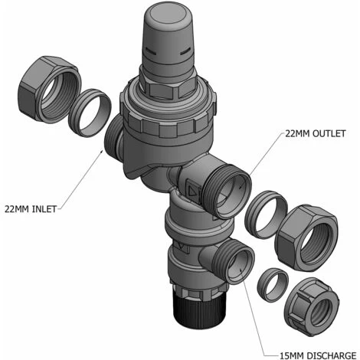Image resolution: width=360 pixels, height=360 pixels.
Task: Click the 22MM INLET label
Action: click(x=31, y=209)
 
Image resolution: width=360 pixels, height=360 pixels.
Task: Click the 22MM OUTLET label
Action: click(x=316, y=133)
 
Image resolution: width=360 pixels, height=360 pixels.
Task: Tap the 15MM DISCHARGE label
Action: click(x=318, y=355)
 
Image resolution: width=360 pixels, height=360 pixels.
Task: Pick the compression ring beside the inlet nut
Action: click(x=90, y=113)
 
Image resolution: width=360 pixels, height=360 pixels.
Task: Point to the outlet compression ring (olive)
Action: click(x=266, y=214)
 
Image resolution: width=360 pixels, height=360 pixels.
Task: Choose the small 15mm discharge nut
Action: click(x=311, y=307)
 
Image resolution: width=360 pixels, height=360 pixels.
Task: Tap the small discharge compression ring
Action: click(x=273, y=285)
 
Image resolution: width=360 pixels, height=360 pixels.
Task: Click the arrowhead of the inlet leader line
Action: click(x=102, y=152)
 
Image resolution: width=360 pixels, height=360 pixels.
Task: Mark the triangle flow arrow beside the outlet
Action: click(x=192, y=190)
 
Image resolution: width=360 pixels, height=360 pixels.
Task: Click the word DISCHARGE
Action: click(x=331, y=355)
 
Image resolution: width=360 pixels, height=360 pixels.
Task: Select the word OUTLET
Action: click(x=329, y=133)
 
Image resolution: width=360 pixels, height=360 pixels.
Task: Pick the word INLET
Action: click(x=44, y=209)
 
